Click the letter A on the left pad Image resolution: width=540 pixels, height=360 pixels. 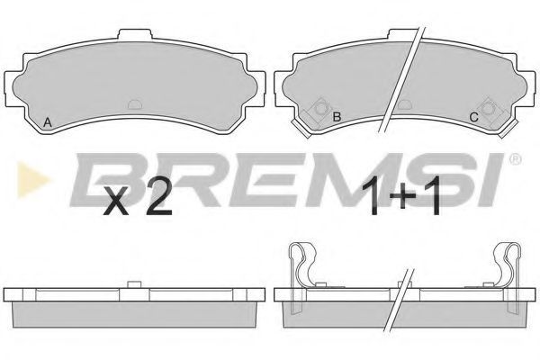(x=48, y=122)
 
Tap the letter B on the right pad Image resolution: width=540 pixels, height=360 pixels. (x=337, y=117)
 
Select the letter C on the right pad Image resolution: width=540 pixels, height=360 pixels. (x=474, y=118)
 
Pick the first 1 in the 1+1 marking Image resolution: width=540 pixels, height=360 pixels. (x=373, y=195)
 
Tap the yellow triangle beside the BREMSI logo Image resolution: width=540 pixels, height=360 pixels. (x=32, y=179)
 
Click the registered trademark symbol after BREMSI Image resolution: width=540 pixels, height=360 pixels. (x=515, y=158)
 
